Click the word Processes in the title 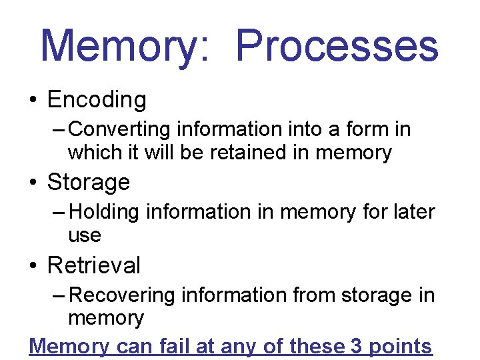click(337, 45)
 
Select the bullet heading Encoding click(97, 100)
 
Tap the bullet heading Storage click(89, 182)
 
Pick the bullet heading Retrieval click(94, 265)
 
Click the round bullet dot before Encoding click(33, 101)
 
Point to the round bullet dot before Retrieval click(33, 266)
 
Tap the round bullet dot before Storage click(33, 183)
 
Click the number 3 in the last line click(357, 346)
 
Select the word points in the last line click(400, 347)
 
